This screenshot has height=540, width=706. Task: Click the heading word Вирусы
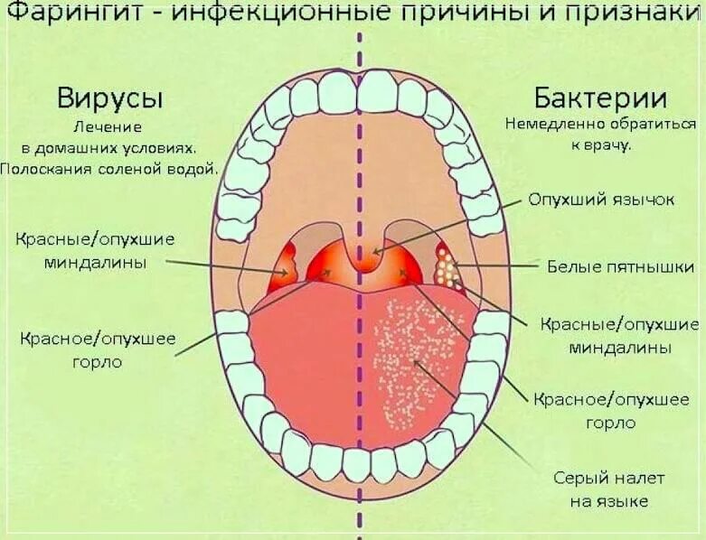tap(116, 98)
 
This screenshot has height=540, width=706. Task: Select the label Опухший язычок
tap(601, 200)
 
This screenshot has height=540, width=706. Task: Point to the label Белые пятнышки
tap(620, 266)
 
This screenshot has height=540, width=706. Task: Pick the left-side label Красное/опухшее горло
tap(98, 350)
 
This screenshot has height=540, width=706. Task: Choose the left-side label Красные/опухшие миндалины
tap(95, 250)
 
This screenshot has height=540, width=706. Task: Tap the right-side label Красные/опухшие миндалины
tap(619, 335)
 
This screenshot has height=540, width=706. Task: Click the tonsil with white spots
tap(446, 264)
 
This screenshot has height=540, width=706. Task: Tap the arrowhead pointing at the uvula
tap(375, 251)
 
